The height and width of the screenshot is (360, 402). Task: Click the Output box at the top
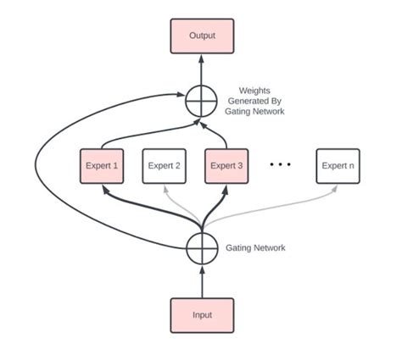(202, 36)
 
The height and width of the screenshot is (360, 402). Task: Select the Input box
(202, 315)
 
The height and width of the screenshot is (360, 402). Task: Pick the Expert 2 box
(164, 165)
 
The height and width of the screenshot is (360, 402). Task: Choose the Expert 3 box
(226, 165)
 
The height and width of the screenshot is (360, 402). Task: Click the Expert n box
(338, 165)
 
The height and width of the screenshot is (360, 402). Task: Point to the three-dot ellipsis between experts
(281, 164)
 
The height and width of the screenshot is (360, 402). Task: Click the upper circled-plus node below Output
(202, 102)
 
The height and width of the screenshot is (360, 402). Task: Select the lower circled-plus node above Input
(202, 248)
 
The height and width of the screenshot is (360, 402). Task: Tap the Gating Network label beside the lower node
(255, 247)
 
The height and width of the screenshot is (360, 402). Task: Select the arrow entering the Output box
(202, 69)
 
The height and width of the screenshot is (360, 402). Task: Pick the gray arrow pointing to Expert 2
(180, 204)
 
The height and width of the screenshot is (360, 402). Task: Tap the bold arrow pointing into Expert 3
(217, 203)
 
